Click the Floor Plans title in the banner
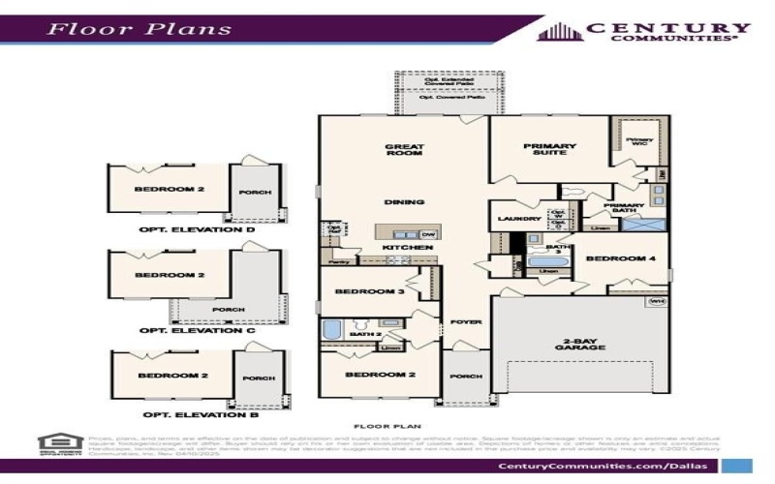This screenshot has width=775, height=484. point(140,28)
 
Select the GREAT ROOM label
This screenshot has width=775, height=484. point(405,150)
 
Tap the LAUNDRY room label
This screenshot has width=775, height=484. point(518,219)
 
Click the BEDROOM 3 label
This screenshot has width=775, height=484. point(369,291)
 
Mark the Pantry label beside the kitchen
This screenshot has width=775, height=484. point(338,261)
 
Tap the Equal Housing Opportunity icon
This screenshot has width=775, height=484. point(57,444)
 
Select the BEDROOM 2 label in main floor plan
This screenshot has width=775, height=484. point(380,374)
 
